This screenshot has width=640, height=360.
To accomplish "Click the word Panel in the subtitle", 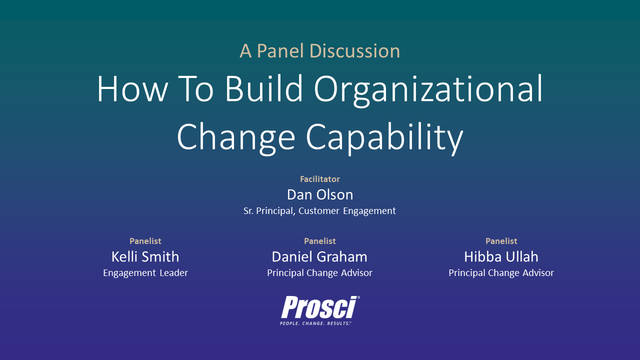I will (x=280, y=51).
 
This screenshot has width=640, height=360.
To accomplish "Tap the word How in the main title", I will (x=131, y=89).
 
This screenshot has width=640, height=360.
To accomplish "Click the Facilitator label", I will (x=319, y=179).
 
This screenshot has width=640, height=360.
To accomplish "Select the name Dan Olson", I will (x=319, y=194).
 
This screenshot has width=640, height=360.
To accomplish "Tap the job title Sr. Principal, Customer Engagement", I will (x=319, y=211).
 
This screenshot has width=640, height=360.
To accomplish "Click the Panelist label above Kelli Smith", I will (x=145, y=241).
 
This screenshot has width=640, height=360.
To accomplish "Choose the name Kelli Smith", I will (x=145, y=256).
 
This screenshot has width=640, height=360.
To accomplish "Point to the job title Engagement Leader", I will (x=145, y=273).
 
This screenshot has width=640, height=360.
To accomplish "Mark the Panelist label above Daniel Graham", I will (x=319, y=241).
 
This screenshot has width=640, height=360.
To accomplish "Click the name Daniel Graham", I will (x=319, y=256).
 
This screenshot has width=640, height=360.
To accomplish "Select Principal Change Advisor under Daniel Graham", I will (x=319, y=273).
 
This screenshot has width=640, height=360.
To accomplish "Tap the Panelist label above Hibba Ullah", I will (x=501, y=241).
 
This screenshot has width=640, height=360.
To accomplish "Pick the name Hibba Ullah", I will (x=501, y=256).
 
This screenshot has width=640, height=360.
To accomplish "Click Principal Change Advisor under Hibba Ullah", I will (x=501, y=273).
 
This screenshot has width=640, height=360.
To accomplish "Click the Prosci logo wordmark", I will (x=318, y=307).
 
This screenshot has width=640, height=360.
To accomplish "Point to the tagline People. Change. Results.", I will (x=315, y=323).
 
